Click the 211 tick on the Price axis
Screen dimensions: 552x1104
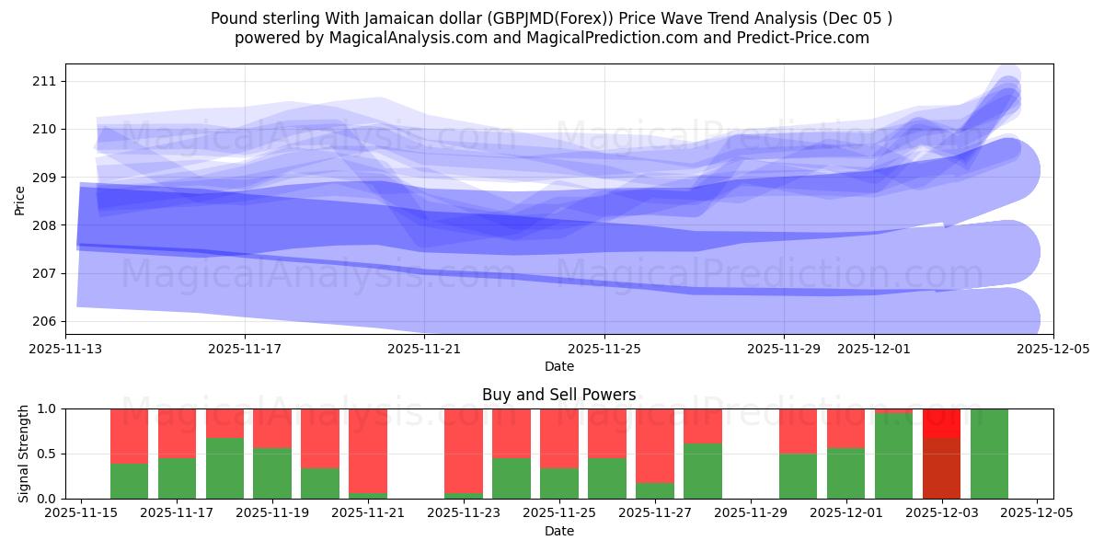(x=44, y=81)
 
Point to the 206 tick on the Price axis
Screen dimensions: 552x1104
(x=44, y=321)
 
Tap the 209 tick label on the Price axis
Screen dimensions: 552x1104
(x=44, y=177)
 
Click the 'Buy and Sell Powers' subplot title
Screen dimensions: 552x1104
(x=558, y=395)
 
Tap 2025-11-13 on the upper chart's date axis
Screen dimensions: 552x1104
(x=65, y=349)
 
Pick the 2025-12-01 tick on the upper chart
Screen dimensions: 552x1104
(x=874, y=349)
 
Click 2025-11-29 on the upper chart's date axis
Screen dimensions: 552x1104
(x=784, y=349)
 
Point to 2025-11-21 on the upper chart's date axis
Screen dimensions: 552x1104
(x=424, y=349)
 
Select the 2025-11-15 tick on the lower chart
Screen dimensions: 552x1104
(x=82, y=513)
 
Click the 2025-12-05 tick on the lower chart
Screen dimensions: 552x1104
(x=1037, y=513)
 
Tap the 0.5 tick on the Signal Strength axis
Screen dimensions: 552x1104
(x=50, y=454)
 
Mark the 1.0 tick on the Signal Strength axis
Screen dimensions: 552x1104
(x=50, y=408)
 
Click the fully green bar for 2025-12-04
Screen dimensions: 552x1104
(x=989, y=454)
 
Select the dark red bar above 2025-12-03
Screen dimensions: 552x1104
(x=941, y=468)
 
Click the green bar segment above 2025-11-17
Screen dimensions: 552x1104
(x=177, y=478)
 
